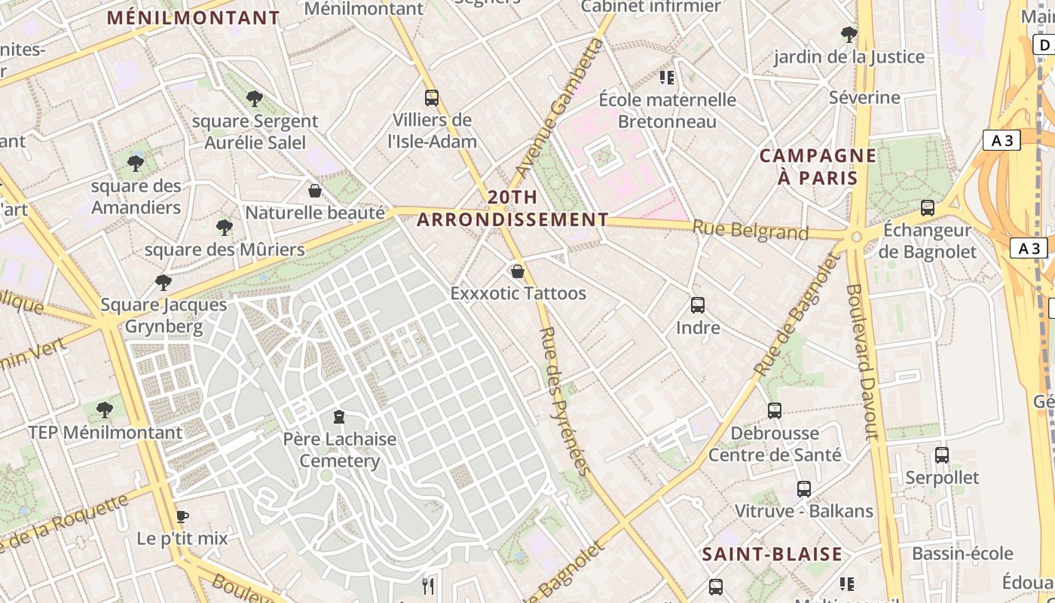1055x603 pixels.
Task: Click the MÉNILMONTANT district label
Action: coord(193,18)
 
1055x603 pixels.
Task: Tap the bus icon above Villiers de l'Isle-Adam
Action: coord(432,97)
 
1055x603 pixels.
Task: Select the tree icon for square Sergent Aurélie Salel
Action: coord(255,98)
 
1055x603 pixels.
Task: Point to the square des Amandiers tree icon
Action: coord(136,163)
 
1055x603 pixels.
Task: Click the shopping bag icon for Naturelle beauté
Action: coord(315,191)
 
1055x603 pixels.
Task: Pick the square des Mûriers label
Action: coord(225,249)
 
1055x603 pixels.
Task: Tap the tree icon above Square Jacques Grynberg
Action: coord(163,283)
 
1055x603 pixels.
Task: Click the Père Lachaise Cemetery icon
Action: coord(340,416)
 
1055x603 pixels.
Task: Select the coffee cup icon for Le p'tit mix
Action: coord(182,516)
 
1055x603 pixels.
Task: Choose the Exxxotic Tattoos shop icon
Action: coord(518,271)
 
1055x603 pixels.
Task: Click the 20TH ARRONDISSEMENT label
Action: coord(512,209)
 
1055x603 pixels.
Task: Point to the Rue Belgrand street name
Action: coord(751,230)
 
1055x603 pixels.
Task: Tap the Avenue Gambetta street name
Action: coord(561,109)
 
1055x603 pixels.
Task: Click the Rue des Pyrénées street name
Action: coord(564,401)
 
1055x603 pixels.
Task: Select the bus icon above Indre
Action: coord(698,305)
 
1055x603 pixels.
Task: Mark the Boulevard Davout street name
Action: coord(863,362)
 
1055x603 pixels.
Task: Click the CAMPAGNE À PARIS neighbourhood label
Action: coord(818,167)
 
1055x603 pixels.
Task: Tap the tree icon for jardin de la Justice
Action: coord(849,34)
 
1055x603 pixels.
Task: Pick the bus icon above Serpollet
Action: coord(942,455)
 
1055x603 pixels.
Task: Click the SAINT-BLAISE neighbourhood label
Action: coord(772,555)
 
